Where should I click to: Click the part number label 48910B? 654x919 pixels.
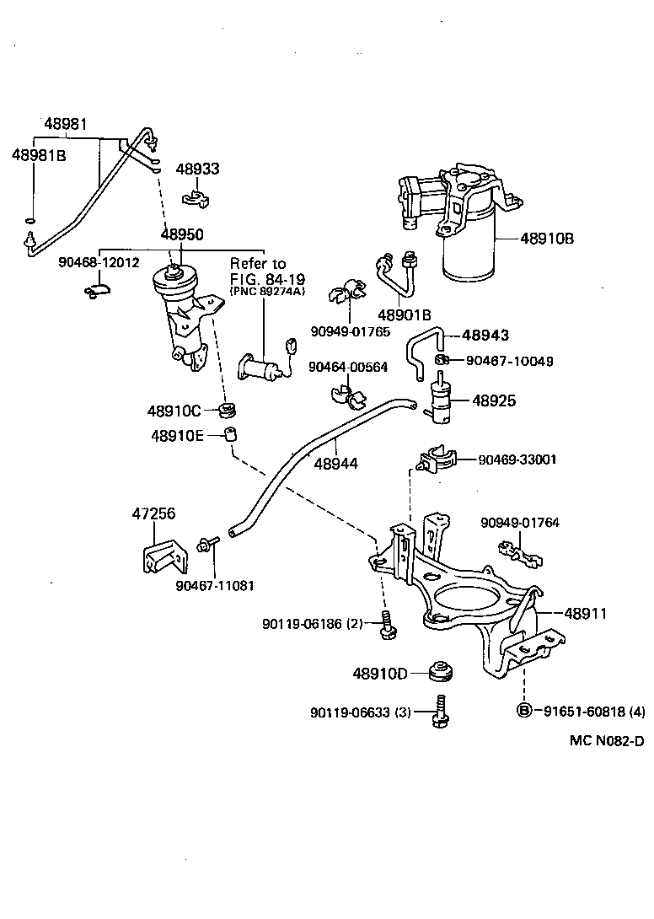click(547, 239)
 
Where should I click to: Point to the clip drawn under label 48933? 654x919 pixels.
click(196, 199)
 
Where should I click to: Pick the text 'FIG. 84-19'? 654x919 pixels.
click(267, 278)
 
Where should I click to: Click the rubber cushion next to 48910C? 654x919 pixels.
click(226, 411)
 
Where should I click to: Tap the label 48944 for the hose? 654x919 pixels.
click(335, 463)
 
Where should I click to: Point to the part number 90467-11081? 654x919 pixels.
click(215, 586)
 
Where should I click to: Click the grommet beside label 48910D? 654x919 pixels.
click(440, 671)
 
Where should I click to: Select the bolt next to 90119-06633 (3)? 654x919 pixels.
click(439, 710)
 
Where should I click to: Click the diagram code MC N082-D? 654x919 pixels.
click(606, 741)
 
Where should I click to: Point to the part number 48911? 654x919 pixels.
click(585, 614)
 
